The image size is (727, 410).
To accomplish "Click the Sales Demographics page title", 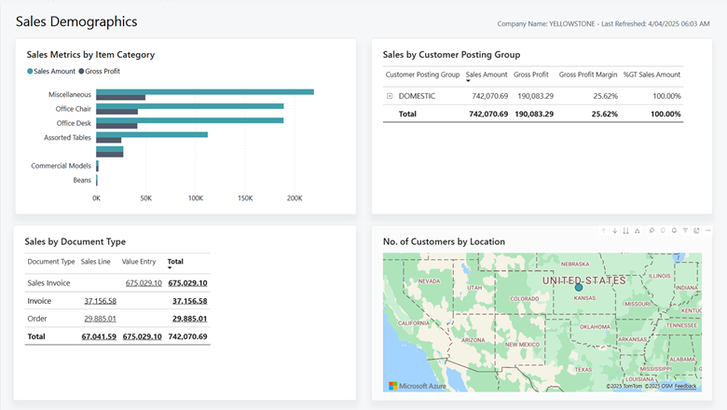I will pos(76,21).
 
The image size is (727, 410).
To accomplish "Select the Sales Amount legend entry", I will pos(53,71).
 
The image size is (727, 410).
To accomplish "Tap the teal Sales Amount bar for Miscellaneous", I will pos(205,91).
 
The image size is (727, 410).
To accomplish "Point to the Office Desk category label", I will pos(74,123).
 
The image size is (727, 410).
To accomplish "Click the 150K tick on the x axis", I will pos(244,198).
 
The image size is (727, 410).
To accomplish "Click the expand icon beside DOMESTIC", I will pos(390,96).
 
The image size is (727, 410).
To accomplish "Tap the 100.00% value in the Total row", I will pos(665,114).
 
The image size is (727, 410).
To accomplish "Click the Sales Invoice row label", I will pos(48,282).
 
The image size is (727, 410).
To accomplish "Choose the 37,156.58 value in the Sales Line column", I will pos(100,301).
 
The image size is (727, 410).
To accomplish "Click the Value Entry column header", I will pos(139,262).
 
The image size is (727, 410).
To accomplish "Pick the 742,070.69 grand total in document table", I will pos(187,336).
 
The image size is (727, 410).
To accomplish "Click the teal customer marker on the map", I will pos(578,287).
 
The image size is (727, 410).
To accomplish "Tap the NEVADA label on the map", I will pos(429,280).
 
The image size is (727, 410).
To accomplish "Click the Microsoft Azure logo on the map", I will pos(418,385).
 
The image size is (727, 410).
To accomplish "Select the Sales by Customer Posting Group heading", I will pos(451,55).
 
